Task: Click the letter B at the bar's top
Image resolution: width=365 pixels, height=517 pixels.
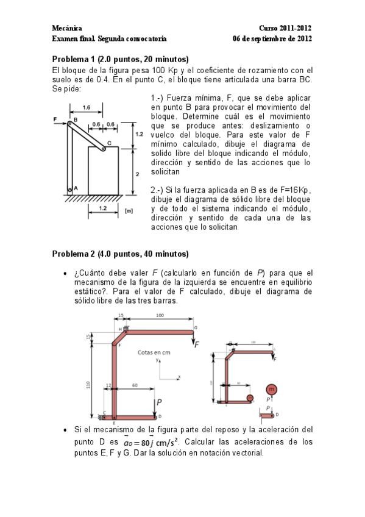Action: point(76,119)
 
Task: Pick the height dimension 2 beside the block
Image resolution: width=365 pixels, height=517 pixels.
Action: point(137,174)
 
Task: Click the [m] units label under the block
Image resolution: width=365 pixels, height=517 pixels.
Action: point(129,211)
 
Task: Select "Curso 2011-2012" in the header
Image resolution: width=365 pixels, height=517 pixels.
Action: point(285,29)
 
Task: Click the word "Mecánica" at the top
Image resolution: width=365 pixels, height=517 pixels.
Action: point(66,29)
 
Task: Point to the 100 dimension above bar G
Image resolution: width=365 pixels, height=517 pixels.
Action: point(160,315)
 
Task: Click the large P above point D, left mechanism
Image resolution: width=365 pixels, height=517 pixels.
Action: point(158,402)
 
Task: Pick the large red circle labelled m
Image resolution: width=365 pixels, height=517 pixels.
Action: point(272,390)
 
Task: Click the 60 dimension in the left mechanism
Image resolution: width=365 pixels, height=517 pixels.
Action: point(134,386)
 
